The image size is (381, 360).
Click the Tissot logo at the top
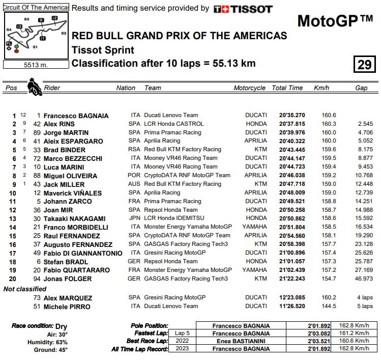click(243, 9)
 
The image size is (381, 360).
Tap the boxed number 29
click(364, 65)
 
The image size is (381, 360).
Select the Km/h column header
click(321, 88)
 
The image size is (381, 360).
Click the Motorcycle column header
click(249, 88)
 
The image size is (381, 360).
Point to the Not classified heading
click(25, 289)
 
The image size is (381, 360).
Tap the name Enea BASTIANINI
click(241, 341)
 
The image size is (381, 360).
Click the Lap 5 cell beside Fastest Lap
click(183, 333)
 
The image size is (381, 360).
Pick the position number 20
click(14, 279)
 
